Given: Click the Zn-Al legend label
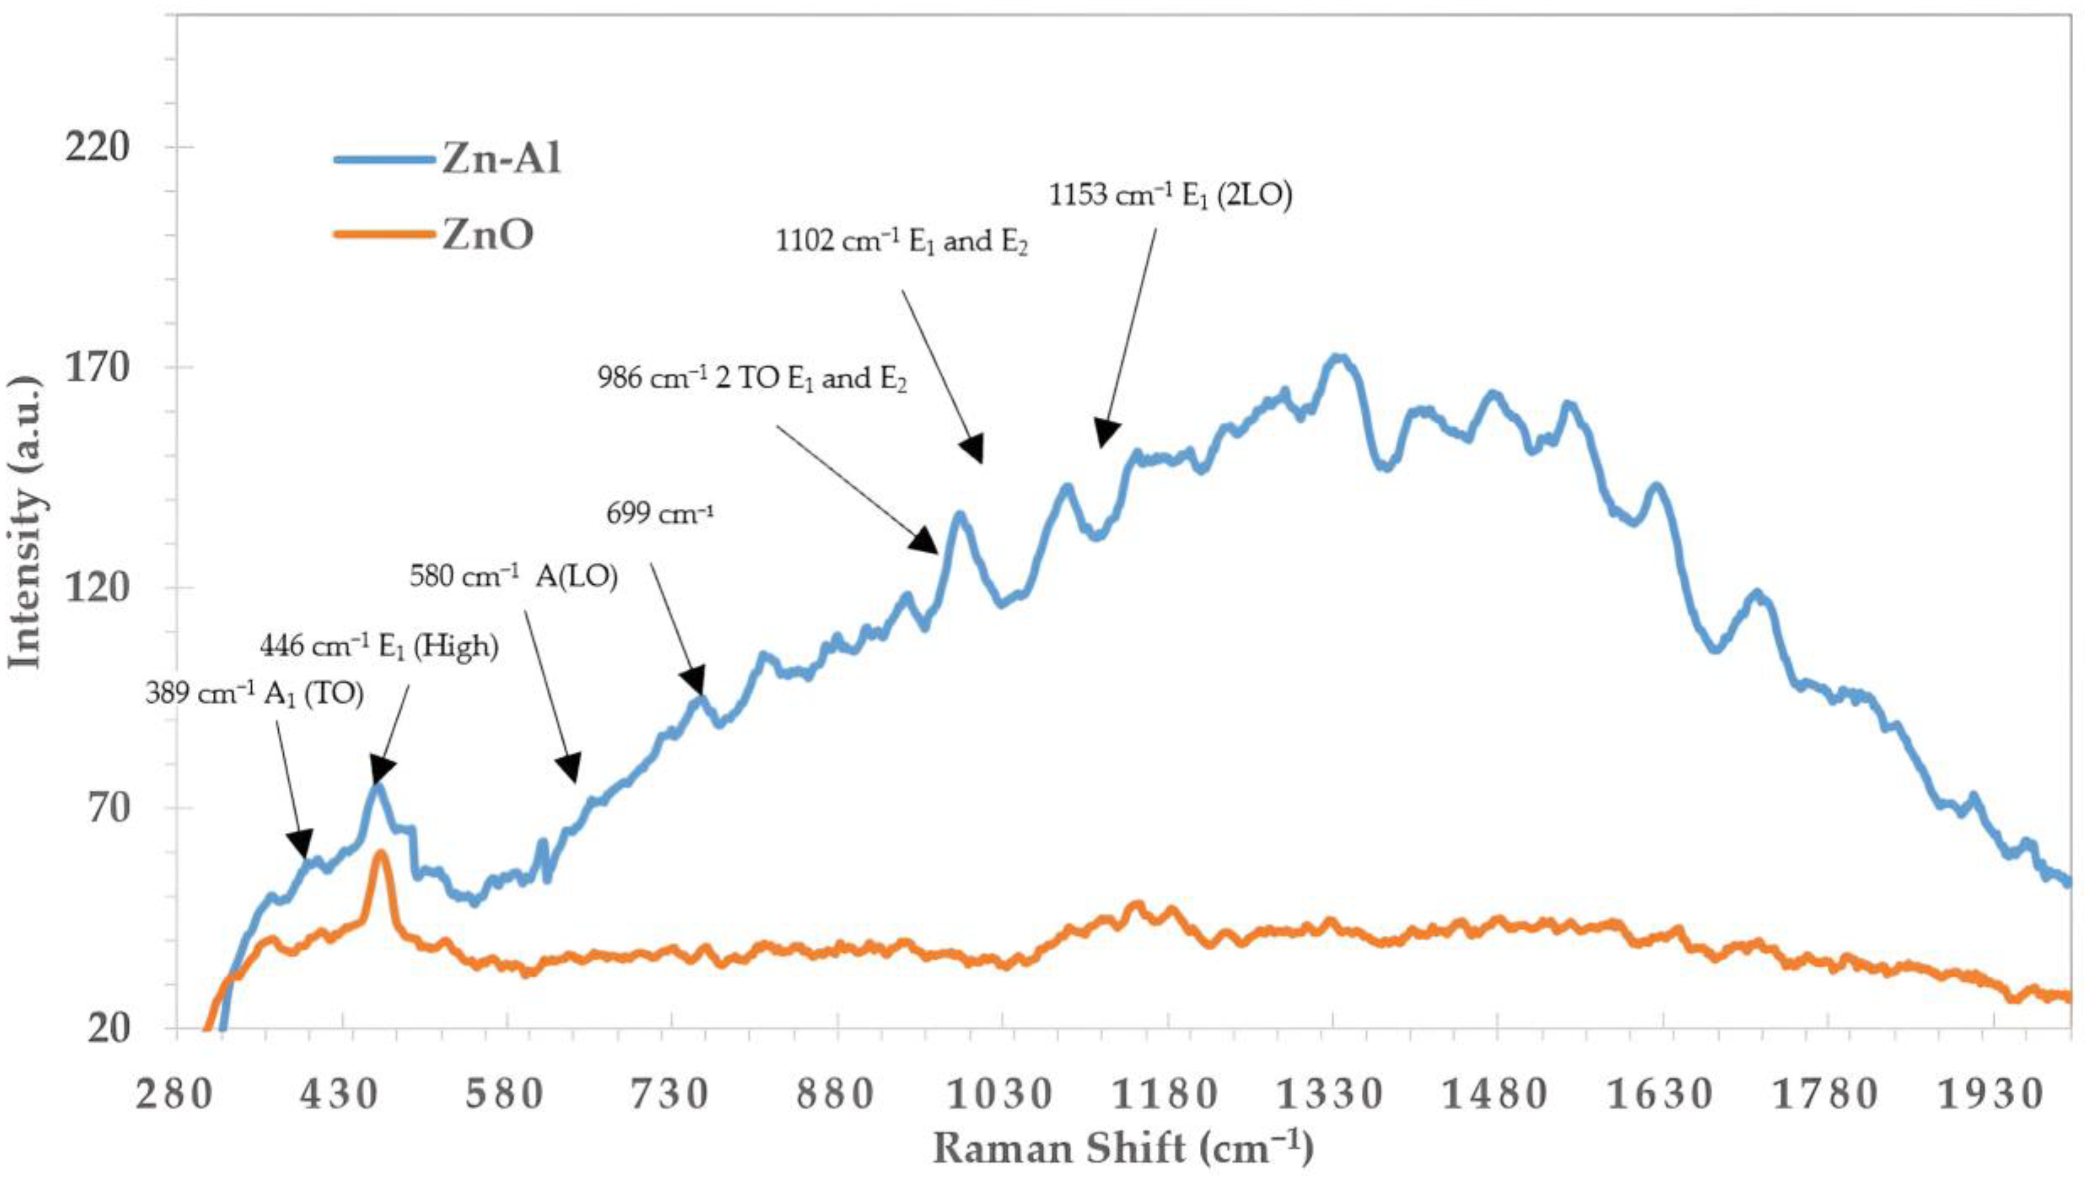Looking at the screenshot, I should coord(501,160).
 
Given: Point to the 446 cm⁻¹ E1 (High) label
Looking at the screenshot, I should coord(379,646).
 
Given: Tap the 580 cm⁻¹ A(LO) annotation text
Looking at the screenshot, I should coord(513,577).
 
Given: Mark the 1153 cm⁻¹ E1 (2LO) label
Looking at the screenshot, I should coord(1171,196).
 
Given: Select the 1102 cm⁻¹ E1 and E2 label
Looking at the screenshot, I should coord(901,241).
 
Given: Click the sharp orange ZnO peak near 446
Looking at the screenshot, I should coord(379,854).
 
